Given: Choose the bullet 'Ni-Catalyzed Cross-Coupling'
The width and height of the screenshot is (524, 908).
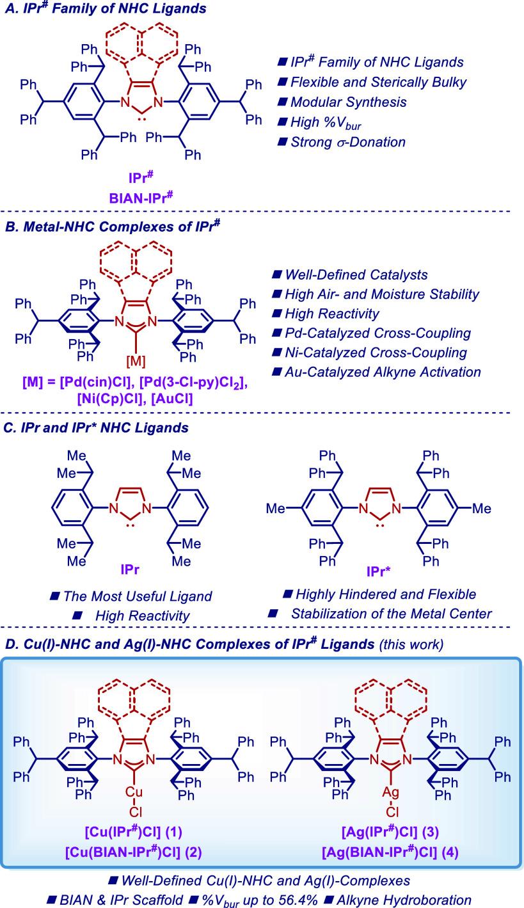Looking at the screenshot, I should click(369, 353).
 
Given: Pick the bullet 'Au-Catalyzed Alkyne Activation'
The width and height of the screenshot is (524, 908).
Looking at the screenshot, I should click(376, 372).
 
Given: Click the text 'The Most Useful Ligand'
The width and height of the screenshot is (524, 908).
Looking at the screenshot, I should click(138, 596).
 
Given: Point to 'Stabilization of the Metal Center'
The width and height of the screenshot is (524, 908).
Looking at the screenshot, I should click(391, 614).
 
